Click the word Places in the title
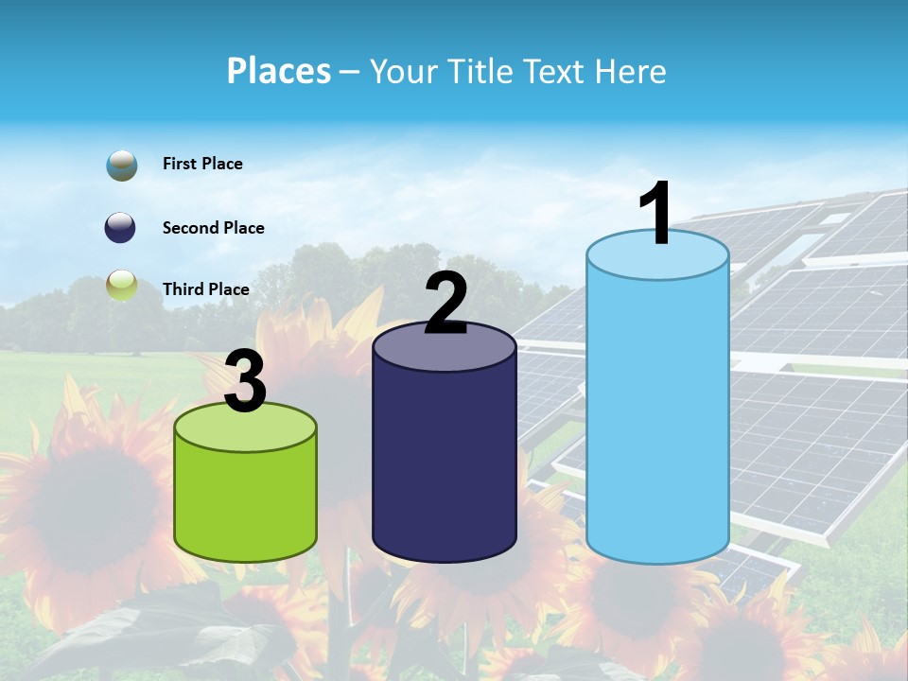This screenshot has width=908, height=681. click(279, 71)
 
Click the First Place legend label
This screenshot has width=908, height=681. click(202, 164)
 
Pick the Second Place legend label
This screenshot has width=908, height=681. click(213, 228)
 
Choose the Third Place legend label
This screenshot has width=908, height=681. click(205, 289)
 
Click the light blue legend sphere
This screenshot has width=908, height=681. click(122, 165)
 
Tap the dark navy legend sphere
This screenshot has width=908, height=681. click(121, 228)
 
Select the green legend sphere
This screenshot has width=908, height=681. click(122, 284)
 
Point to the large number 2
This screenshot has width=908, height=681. click(446, 304)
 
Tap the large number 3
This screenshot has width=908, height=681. click(245, 381)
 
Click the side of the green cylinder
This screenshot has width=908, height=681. click(245, 501)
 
